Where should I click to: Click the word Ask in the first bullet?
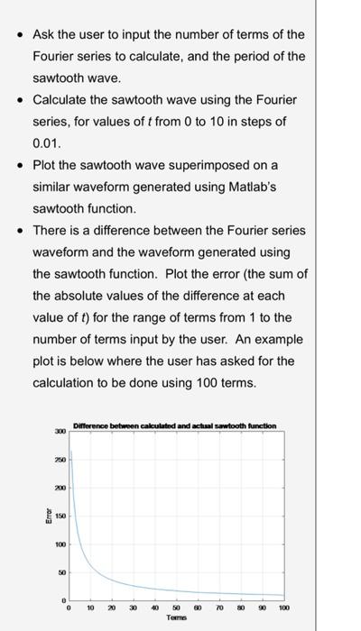click(44, 34)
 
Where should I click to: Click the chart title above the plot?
click(174, 425)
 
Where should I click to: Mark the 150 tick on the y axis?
click(60, 517)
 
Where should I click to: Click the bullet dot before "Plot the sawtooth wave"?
click(20, 166)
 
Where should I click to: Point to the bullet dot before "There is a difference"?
click(20, 231)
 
